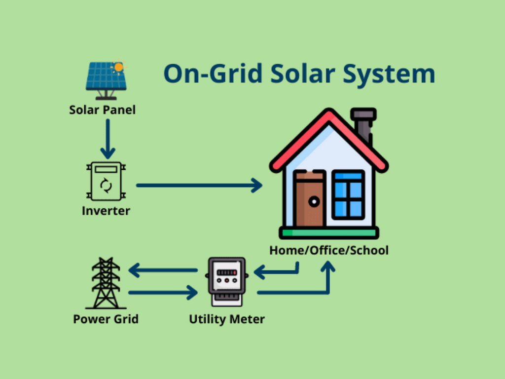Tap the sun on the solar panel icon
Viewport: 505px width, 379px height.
(118, 67)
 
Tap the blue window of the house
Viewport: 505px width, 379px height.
(348, 194)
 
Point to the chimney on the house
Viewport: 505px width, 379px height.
(363, 126)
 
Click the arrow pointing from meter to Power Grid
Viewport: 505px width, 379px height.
(163, 270)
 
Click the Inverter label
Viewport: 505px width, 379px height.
(106, 211)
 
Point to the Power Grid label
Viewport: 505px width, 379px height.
(106, 319)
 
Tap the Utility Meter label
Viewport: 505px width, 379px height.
(227, 319)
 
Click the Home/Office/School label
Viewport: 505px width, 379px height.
(329, 251)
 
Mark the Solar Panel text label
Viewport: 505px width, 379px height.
(103, 110)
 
